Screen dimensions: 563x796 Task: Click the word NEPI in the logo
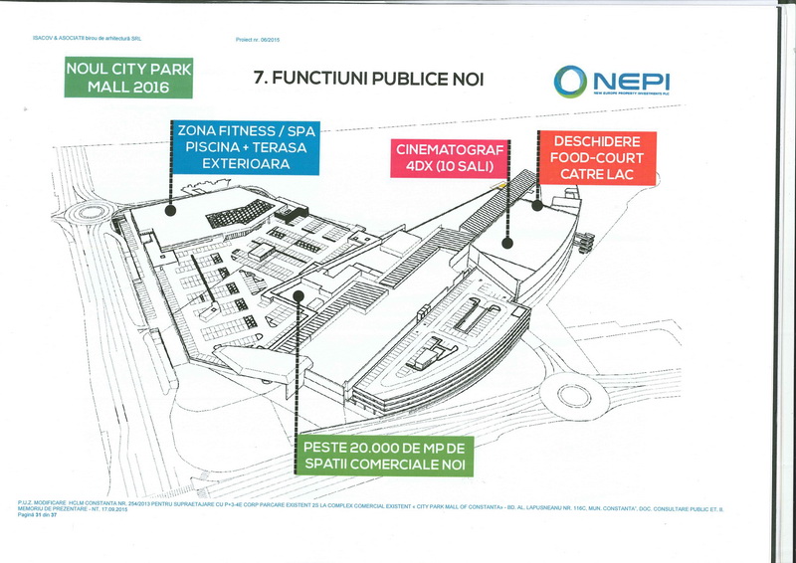[630, 78]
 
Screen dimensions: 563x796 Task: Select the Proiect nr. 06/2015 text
[257, 40]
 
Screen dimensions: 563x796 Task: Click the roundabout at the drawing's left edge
[93, 214]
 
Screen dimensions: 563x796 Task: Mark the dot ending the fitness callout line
[171, 210]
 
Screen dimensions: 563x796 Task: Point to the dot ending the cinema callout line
[506, 242]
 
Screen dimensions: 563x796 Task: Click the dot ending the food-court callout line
[538, 207]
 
